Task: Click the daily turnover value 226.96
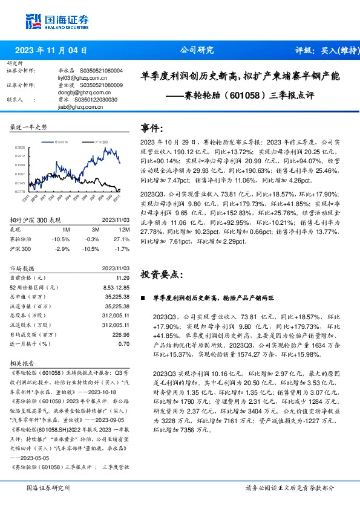point(121,334)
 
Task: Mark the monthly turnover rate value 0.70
point(124,343)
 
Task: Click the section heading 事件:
point(151,128)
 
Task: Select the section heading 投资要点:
point(161,274)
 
